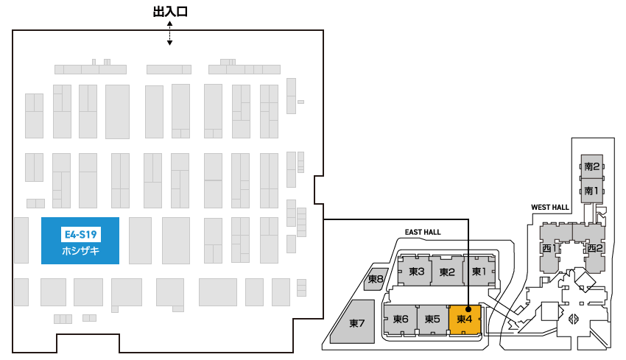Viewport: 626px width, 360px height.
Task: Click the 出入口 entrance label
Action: pyautogui.click(x=169, y=13)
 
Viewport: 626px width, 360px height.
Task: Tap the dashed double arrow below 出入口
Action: pyautogui.click(x=169, y=33)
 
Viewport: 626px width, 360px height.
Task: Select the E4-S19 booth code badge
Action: pyautogui.click(x=80, y=235)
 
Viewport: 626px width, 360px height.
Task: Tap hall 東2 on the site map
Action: pyautogui.click(x=446, y=272)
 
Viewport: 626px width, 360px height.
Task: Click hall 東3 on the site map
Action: pyautogui.click(x=416, y=272)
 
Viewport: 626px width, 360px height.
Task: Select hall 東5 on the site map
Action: pyautogui.click(x=432, y=320)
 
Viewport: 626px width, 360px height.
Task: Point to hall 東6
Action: pyautogui.click(x=401, y=320)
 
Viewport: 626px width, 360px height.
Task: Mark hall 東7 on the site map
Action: pyautogui.click(x=357, y=322)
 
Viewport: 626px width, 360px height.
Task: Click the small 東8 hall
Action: pyautogui.click(x=375, y=279)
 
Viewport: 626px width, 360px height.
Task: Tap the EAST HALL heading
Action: pyautogui.click(x=423, y=232)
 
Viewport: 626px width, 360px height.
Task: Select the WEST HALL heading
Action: pyautogui.click(x=549, y=208)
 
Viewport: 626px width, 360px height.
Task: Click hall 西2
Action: pyautogui.click(x=595, y=248)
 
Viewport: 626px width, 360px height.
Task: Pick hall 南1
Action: pyautogui.click(x=592, y=191)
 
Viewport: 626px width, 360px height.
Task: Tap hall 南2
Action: pyautogui.click(x=592, y=166)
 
